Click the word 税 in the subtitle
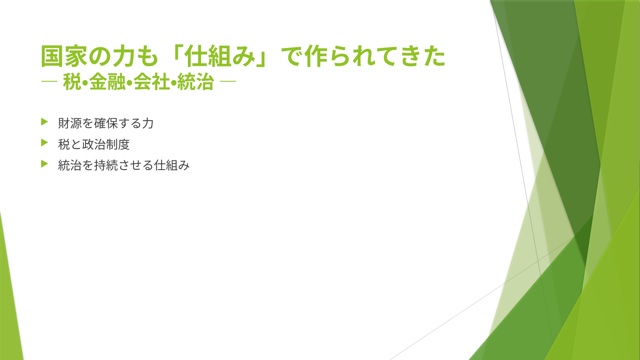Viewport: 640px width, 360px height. click(x=72, y=82)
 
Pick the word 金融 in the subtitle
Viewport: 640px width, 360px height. click(x=108, y=82)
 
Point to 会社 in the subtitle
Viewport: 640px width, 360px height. click(x=152, y=82)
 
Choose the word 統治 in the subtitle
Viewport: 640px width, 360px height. click(x=195, y=82)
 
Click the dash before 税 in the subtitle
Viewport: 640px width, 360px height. click(x=49, y=82)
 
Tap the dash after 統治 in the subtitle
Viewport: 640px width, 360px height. click(x=228, y=82)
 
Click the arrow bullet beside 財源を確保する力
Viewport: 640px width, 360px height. click(x=44, y=122)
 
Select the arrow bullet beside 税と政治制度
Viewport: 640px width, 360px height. click(x=44, y=142)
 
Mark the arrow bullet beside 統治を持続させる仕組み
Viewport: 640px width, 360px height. click(x=44, y=164)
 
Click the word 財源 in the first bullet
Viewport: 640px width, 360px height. click(x=70, y=123)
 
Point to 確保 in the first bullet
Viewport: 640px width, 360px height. click(x=106, y=123)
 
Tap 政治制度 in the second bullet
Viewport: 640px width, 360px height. click(x=106, y=144)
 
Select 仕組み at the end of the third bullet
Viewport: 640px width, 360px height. click(x=172, y=165)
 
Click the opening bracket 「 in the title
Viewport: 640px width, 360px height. click(x=177, y=53)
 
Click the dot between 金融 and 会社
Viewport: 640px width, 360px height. click(x=130, y=83)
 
